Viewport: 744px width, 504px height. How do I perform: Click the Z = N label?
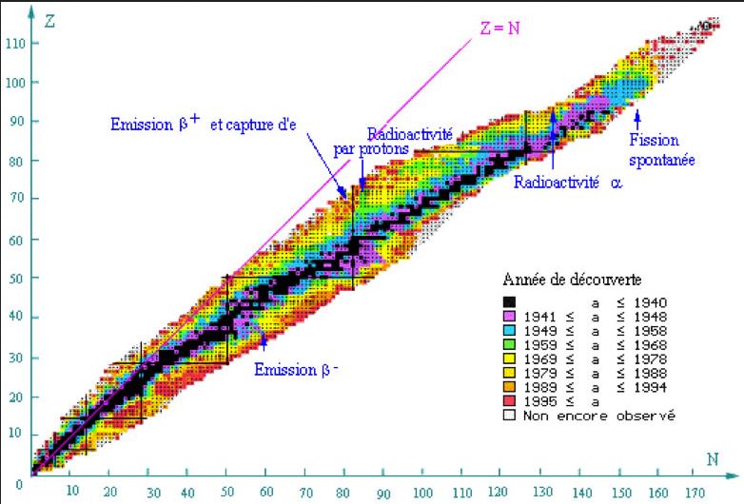pyautogui.click(x=499, y=28)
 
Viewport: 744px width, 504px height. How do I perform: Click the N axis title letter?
pyautogui.click(x=712, y=459)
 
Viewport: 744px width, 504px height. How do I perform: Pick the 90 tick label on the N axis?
pyautogui.click(x=383, y=493)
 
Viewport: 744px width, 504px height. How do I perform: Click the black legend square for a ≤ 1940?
pyautogui.click(x=509, y=301)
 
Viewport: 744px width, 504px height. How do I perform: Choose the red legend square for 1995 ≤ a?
pyautogui.click(x=509, y=401)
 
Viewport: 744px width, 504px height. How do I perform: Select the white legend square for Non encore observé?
pyautogui.click(x=509, y=416)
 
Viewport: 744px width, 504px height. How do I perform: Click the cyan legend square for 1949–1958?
pyautogui.click(x=509, y=330)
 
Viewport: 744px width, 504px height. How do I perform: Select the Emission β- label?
pyautogui.click(x=297, y=368)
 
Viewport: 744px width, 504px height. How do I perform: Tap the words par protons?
pyautogui.click(x=371, y=148)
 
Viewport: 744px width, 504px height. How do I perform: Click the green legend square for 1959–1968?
pyautogui.click(x=509, y=344)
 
